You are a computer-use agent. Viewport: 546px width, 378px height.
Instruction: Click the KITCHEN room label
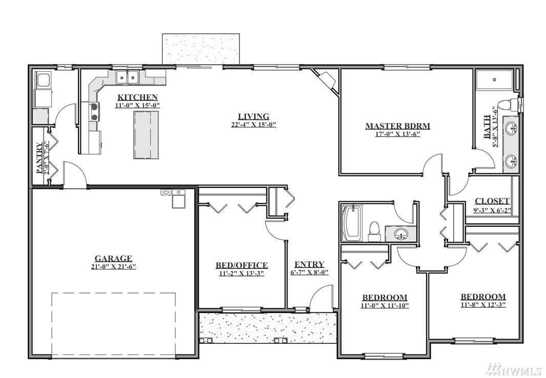pyautogui.click(x=137, y=97)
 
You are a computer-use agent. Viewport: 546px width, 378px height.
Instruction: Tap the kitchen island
pyautogui.click(x=146, y=135)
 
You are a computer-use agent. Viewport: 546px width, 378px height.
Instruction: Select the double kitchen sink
pyautogui.click(x=127, y=77)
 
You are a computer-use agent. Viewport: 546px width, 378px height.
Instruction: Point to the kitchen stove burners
pyautogui.click(x=94, y=112)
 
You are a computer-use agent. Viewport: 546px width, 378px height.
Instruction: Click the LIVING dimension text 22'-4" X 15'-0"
pyautogui.click(x=253, y=124)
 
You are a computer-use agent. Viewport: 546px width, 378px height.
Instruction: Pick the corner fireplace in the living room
pyautogui.click(x=326, y=80)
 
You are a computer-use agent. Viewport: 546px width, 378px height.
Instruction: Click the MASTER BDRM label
pyautogui.click(x=398, y=126)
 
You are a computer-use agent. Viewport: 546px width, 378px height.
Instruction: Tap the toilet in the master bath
pyautogui.click(x=508, y=104)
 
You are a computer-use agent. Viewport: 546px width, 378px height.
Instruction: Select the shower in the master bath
pyautogui.click(x=494, y=79)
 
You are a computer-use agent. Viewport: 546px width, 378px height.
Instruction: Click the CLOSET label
pyautogui.click(x=492, y=201)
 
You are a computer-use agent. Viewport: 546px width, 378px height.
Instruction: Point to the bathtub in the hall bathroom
pyautogui.click(x=352, y=222)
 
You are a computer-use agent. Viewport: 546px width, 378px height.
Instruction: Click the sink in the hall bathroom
pyautogui.click(x=401, y=235)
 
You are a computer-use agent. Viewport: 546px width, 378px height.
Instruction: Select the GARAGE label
pyautogui.click(x=113, y=258)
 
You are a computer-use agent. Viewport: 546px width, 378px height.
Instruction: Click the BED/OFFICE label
pyautogui.click(x=241, y=266)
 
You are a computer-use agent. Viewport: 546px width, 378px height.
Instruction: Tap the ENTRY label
pyautogui.click(x=309, y=264)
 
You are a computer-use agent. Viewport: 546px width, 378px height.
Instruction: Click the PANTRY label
pyautogui.click(x=40, y=157)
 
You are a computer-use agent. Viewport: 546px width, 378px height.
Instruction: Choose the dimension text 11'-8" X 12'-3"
pyautogui.click(x=483, y=304)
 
